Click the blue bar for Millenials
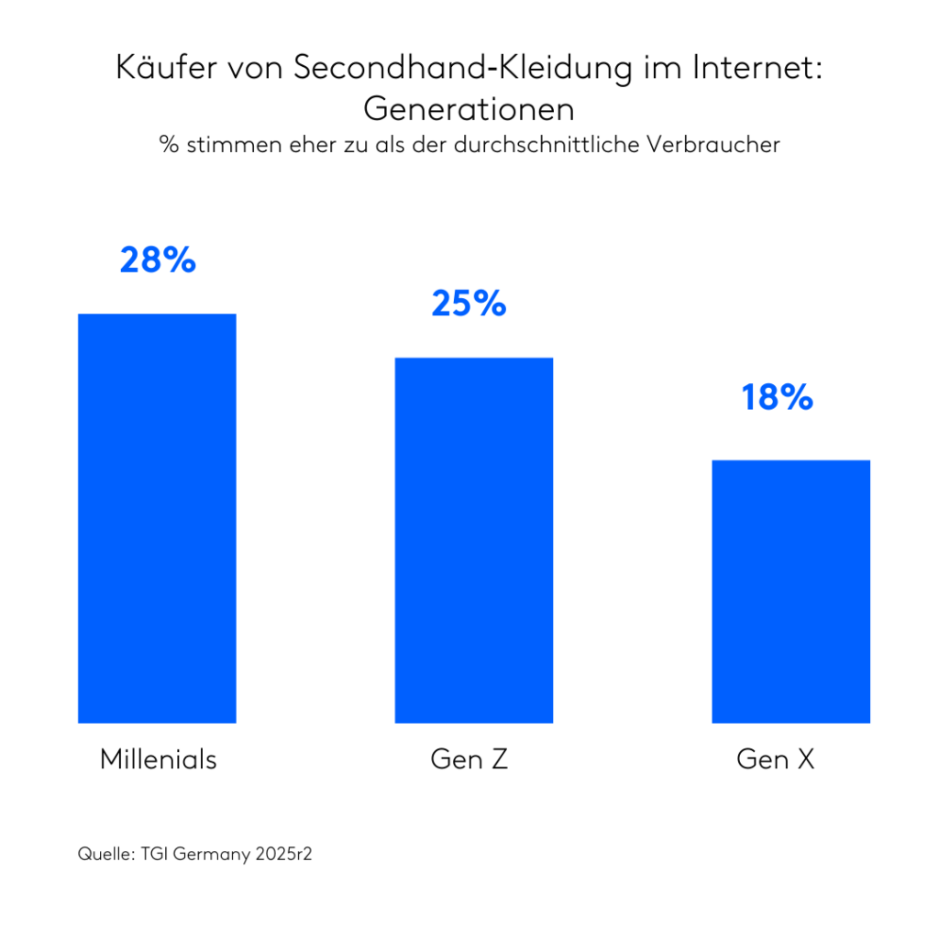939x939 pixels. tap(157, 518)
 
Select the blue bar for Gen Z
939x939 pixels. tap(473, 540)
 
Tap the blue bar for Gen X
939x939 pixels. tap(790, 591)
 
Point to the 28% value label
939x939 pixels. tap(158, 260)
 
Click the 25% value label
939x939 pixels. tap(469, 304)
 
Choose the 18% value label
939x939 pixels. tap(778, 398)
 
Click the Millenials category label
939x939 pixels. tap(158, 759)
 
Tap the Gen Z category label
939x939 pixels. tap(469, 759)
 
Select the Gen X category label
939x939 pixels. tap(776, 759)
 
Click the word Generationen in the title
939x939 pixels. tap(469, 109)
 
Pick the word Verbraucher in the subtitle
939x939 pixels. tap(728, 145)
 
